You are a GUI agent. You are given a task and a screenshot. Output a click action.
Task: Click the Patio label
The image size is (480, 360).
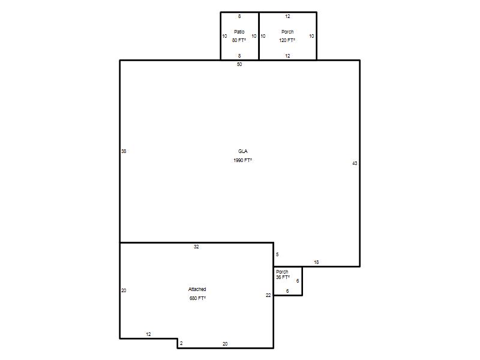tap(239, 32)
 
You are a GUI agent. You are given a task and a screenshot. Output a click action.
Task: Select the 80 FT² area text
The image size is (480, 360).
tap(239, 40)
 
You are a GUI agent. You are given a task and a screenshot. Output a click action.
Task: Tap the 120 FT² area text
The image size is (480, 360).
tap(287, 40)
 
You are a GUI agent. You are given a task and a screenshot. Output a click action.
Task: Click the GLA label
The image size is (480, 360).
tap(243, 151)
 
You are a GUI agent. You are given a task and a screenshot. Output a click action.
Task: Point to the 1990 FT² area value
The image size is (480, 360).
tap(242, 160)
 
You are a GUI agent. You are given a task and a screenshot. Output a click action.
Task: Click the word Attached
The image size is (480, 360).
tap(197, 289)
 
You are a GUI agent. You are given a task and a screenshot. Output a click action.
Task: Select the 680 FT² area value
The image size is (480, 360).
tap(197, 298)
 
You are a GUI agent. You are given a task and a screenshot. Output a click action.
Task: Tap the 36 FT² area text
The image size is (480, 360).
tap(283, 277)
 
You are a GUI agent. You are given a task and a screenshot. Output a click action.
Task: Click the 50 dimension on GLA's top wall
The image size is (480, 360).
tap(239, 64)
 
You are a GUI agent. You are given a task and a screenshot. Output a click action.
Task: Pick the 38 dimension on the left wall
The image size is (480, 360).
tap(124, 151)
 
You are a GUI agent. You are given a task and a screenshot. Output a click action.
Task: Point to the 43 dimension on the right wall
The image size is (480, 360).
tap(355, 163)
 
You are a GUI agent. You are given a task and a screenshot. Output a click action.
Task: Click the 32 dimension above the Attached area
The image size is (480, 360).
tap(196, 247)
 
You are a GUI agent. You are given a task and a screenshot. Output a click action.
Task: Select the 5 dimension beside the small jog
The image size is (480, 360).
tap(277, 254)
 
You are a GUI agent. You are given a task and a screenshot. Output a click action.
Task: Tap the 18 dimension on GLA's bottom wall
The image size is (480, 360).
tap(316, 262)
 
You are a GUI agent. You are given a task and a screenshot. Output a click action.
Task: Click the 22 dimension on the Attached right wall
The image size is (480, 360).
tap(268, 295)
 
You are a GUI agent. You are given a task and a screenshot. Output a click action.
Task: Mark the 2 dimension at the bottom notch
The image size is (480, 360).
tap(181, 343)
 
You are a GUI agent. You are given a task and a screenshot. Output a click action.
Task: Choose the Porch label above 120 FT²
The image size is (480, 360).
tap(287, 32)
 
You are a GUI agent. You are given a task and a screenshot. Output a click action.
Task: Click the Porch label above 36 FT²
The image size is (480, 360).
tap(282, 272)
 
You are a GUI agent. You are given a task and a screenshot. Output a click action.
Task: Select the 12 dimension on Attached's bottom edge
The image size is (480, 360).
tap(148, 334)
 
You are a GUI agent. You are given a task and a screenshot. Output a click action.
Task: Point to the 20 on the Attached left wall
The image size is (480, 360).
tap(124, 290)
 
